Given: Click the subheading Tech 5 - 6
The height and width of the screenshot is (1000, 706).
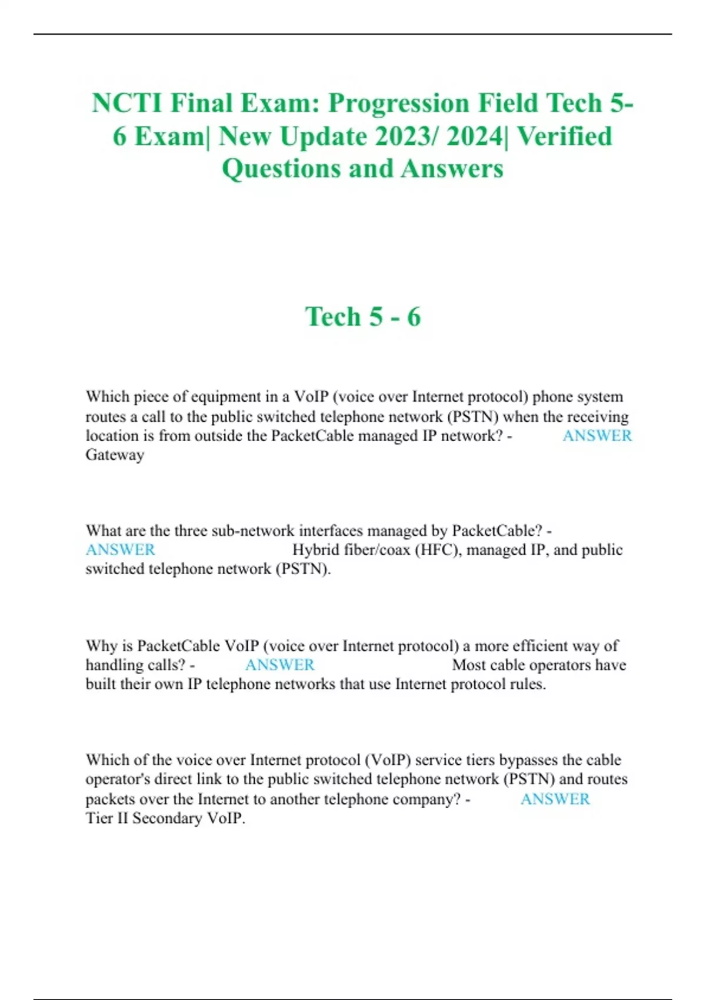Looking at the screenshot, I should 363,316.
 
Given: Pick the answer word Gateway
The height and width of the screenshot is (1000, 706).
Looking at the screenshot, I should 115,455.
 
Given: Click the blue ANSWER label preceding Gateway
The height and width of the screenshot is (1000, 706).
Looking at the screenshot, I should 597,436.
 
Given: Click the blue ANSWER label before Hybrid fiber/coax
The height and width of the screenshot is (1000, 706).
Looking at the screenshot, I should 121,550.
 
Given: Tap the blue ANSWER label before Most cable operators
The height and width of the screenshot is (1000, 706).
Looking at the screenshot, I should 279,665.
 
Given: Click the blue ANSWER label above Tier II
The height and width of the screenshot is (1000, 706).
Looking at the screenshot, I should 555,799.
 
